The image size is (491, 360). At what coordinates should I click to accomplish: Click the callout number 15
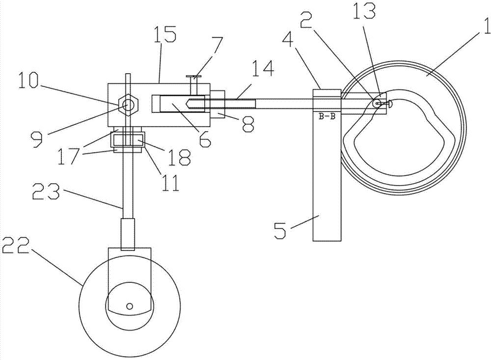click(164, 35)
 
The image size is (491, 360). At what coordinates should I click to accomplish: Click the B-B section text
click(327, 117)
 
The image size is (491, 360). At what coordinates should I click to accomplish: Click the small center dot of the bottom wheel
click(130, 305)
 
